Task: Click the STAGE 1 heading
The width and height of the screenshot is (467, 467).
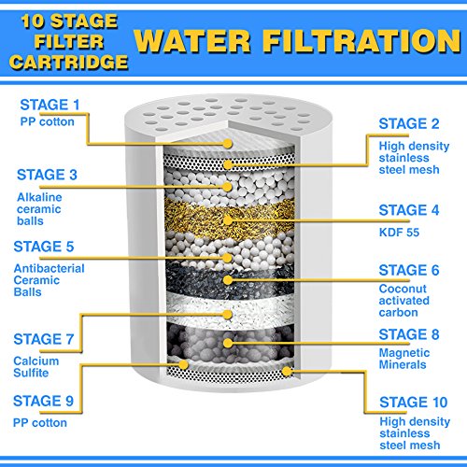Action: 50,105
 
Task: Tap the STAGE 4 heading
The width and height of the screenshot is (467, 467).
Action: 409,210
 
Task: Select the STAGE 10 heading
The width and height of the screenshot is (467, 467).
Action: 414,403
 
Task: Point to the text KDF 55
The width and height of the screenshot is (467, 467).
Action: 399,233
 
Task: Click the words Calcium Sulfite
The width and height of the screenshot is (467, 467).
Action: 36,367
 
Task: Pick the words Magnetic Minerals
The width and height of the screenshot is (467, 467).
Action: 404,359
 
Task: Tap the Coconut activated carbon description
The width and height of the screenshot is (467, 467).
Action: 404,301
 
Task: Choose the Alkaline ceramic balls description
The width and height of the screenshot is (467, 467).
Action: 39,209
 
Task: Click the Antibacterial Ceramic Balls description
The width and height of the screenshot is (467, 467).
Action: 50,280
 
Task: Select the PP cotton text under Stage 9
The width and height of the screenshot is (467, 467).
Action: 40,423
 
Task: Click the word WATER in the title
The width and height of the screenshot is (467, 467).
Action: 192,41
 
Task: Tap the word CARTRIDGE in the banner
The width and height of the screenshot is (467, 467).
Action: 68,62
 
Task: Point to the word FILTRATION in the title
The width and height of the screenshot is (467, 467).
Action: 361,41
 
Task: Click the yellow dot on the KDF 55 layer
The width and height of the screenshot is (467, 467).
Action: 228,220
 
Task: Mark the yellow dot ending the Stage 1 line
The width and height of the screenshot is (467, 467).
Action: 228,144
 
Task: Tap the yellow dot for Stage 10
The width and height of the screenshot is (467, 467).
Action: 287,371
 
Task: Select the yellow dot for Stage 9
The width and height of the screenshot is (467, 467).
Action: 183,364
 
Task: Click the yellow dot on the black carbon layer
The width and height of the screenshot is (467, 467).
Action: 228,280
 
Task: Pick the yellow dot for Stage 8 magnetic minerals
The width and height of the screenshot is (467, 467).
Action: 228,344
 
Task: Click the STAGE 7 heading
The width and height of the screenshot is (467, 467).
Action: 44,339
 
